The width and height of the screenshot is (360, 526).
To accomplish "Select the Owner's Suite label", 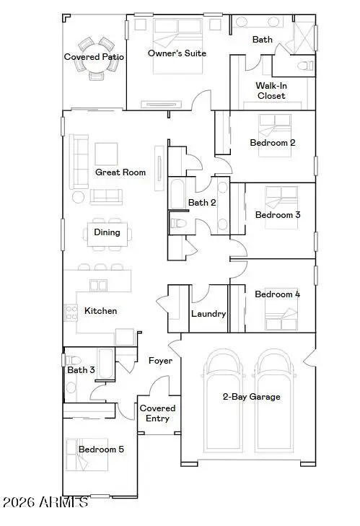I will (x=177, y=53).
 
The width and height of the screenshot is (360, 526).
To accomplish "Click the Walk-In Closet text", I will (x=271, y=90).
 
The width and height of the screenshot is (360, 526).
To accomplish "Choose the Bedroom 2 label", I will (x=272, y=143).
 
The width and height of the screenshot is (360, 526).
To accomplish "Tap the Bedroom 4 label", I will (x=277, y=294).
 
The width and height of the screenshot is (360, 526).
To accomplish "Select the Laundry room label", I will (x=208, y=314).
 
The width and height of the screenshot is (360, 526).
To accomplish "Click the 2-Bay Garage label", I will (x=251, y=397).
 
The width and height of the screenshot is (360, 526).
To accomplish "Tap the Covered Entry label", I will (x=158, y=413).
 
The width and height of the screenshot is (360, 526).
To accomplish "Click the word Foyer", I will (x=160, y=360).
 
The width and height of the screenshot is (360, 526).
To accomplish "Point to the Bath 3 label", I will (x=82, y=370).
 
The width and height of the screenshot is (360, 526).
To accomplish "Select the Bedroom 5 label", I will (x=101, y=449).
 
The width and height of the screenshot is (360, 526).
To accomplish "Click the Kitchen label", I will (x=101, y=311).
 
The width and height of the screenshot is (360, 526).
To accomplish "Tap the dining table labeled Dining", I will (x=107, y=232).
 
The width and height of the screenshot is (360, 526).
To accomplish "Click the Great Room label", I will (x=120, y=172).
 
